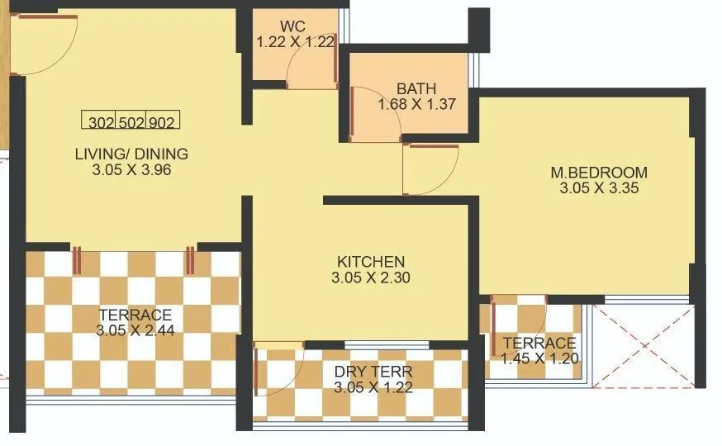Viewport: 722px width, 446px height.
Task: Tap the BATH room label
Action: (x=416, y=89)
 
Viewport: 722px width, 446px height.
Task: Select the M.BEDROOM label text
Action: (x=599, y=173)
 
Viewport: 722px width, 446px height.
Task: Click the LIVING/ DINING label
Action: (x=131, y=154)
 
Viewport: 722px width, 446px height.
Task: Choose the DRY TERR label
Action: (x=373, y=372)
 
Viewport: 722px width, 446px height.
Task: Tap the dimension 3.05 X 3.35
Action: (x=599, y=188)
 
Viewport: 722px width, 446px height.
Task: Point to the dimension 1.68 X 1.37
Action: (x=416, y=105)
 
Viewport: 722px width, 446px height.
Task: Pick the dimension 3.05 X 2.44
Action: (x=135, y=330)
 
